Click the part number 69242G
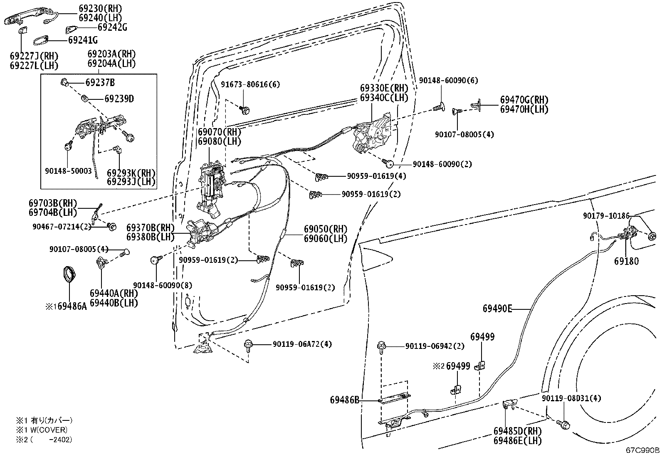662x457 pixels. (x=112, y=27)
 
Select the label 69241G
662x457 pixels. (x=83, y=40)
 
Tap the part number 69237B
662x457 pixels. (x=100, y=82)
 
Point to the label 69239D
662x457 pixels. (x=119, y=99)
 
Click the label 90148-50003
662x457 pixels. (x=68, y=171)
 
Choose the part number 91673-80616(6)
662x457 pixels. (x=250, y=84)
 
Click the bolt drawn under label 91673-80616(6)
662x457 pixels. (x=245, y=111)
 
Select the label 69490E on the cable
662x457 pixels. (x=497, y=309)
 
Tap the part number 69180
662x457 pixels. (x=626, y=261)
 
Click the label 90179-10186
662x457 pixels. (x=606, y=216)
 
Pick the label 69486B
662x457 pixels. (x=345, y=400)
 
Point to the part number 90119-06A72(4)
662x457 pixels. (x=302, y=344)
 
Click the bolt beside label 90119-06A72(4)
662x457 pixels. (x=248, y=346)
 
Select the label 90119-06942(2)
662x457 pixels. (x=435, y=346)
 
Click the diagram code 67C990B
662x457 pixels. (x=642, y=450)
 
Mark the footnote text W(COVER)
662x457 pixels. (x=49, y=430)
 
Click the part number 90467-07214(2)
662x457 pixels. (x=62, y=227)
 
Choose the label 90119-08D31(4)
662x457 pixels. (x=571, y=398)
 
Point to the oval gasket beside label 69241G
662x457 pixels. (x=40, y=41)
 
